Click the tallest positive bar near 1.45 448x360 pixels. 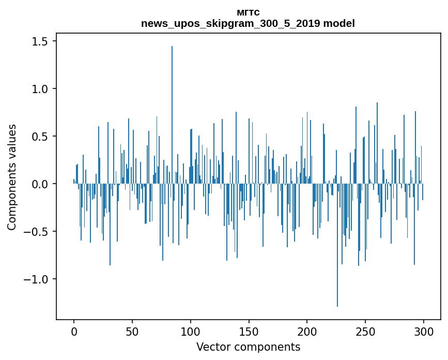pyautogui.click(x=172, y=114)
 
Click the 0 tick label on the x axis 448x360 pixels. pyautogui.click(x=74, y=331)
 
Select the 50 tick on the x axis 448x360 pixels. pyautogui.click(x=132, y=331)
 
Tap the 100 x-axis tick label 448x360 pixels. pyautogui.click(x=191, y=331)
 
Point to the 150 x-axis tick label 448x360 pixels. pyautogui.click(x=249, y=331)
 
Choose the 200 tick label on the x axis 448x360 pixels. pyautogui.click(x=307, y=331)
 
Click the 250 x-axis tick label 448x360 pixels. pyautogui.click(x=365, y=331)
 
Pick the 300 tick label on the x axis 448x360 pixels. pyautogui.click(x=424, y=331)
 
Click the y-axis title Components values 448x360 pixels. pyautogui.click(x=12, y=177)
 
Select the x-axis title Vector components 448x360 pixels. pyautogui.click(x=248, y=347)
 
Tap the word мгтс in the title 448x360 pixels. pyautogui.click(x=248, y=12)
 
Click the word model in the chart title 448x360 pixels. pyautogui.click(x=339, y=23)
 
